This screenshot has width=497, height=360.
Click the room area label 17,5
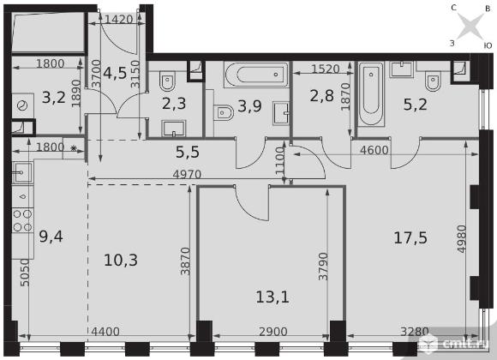click(410, 238)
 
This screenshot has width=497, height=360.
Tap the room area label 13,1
click(272, 297)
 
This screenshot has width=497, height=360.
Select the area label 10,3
click(121, 260)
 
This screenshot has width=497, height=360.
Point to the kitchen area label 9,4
click(51, 237)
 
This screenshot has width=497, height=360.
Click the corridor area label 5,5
click(188, 152)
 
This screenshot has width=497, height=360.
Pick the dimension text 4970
click(187, 174)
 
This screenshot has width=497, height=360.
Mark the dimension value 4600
click(374, 150)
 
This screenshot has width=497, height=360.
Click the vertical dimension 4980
click(462, 239)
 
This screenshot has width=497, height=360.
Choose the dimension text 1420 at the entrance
click(118, 20)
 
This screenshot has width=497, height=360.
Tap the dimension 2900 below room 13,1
click(272, 332)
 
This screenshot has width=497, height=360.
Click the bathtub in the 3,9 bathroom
click(256, 75)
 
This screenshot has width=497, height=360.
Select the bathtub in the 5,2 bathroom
click(371, 94)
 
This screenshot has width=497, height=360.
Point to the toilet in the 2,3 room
click(167, 81)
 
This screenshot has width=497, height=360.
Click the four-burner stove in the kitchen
click(23, 220)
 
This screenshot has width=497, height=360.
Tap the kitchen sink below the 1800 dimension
click(22, 172)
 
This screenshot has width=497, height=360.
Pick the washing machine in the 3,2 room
click(23, 105)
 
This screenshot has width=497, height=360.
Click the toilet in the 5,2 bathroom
click(433, 81)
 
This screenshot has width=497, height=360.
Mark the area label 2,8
click(322, 95)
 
